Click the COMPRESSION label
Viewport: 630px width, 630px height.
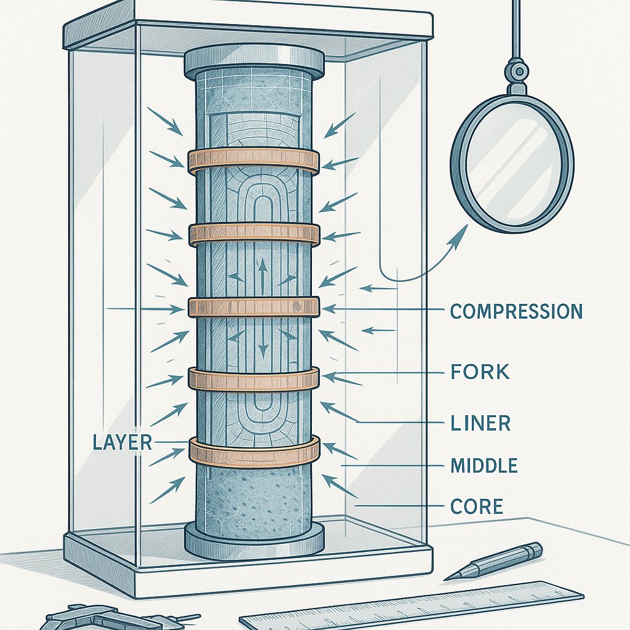tap(516, 311)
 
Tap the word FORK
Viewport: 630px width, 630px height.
tap(479, 372)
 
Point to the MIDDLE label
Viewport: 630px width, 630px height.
tap(484, 466)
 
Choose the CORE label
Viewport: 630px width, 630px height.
tap(477, 507)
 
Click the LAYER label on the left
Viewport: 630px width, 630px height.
tap(121, 442)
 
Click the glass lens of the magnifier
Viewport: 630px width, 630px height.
tap(512, 163)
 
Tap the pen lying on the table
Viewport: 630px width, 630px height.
tap(495, 560)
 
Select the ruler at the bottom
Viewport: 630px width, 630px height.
tap(412, 606)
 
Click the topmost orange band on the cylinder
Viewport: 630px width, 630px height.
tap(253, 160)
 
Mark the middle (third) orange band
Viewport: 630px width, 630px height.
tap(253, 307)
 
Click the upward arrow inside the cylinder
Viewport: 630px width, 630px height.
tap(263, 269)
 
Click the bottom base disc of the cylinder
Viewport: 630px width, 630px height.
tap(253, 540)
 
